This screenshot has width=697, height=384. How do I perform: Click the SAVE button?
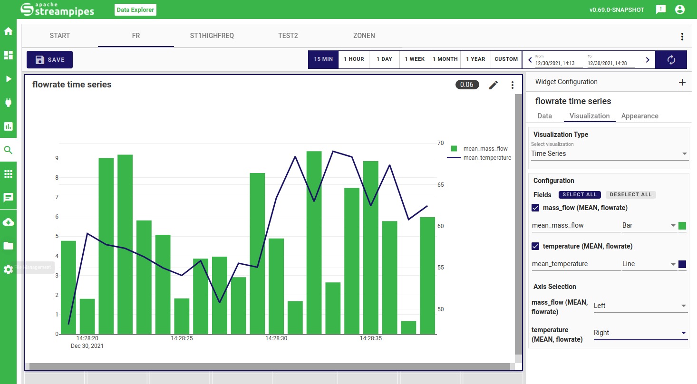[49, 60]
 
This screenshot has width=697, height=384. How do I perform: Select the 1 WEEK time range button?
[415, 59]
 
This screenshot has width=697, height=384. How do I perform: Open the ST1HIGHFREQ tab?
[212, 36]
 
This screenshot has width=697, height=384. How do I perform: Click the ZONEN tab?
[364, 36]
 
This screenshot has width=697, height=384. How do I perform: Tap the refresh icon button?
[671, 60]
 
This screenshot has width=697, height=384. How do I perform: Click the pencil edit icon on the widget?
[494, 85]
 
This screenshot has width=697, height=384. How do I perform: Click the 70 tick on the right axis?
[440, 143]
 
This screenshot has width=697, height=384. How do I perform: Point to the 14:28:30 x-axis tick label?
[276, 338]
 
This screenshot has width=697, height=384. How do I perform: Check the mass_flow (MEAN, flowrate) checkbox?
[535, 208]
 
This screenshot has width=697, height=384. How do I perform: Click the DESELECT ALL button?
[630, 194]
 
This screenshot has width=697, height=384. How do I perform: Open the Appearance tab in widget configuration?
[639, 116]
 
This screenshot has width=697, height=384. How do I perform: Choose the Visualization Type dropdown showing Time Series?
[609, 154]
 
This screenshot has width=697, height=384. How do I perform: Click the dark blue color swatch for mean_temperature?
[682, 264]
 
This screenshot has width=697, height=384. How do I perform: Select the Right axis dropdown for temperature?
[640, 333]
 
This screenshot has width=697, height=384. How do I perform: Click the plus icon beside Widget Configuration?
[682, 82]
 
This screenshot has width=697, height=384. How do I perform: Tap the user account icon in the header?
[680, 10]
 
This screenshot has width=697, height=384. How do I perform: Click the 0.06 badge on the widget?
[466, 85]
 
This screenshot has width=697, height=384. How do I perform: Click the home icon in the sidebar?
[8, 32]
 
